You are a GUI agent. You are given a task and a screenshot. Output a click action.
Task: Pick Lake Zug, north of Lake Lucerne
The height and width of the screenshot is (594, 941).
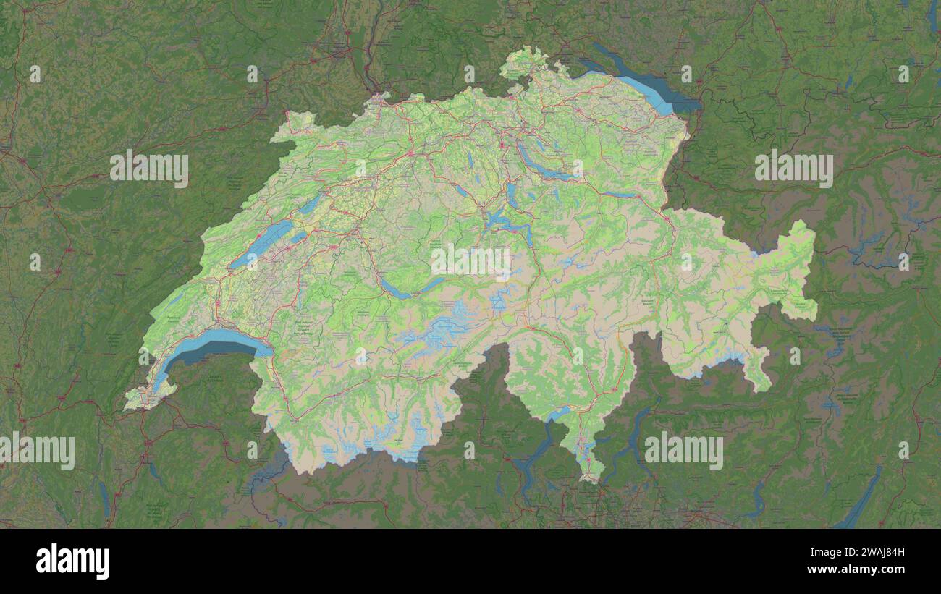511,194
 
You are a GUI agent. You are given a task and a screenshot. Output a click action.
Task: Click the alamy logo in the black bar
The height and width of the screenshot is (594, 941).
72,561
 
